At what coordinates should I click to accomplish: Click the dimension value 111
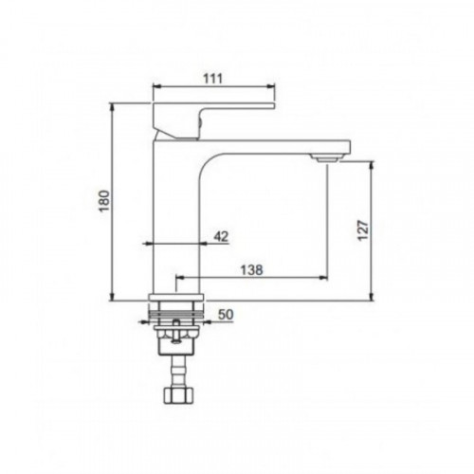[212, 79]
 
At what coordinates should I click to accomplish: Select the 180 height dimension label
[104, 201]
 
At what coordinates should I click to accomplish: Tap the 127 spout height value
[363, 230]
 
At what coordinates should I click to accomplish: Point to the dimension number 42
[221, 236]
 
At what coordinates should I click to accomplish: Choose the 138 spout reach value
[251, 270]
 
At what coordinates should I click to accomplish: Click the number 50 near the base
[226, 315]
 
